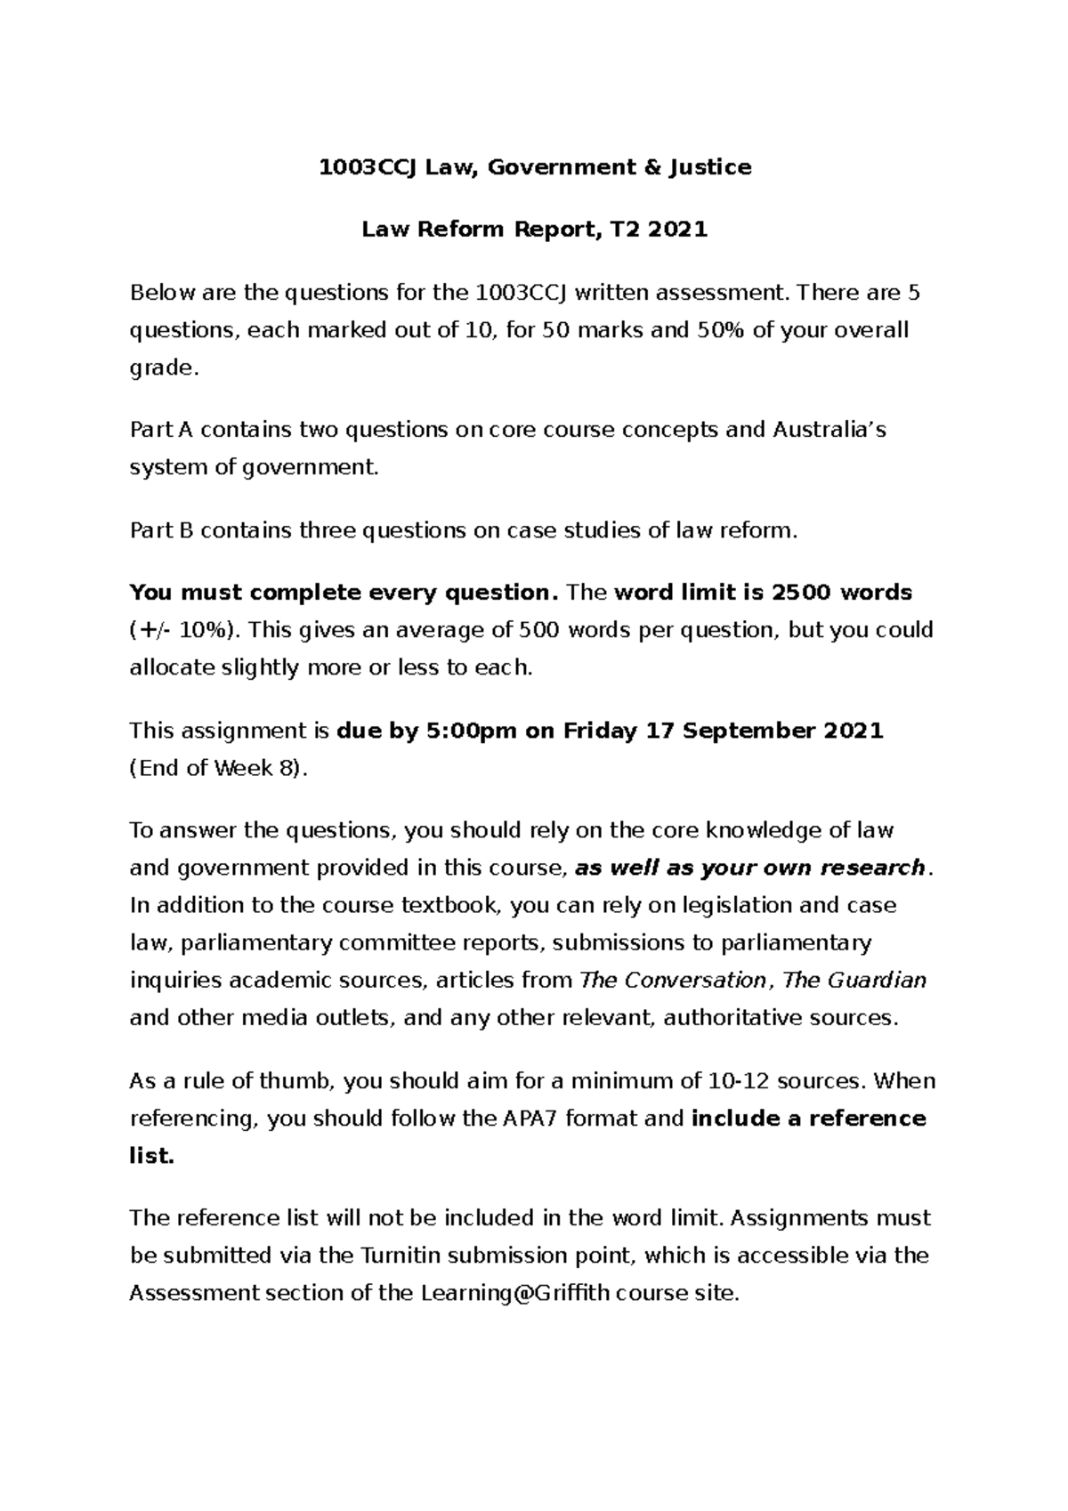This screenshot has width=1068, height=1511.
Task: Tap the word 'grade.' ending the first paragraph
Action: [161, 368]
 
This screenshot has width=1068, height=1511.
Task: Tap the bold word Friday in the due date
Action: [600, 731]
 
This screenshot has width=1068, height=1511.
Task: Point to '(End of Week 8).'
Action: [219, 768]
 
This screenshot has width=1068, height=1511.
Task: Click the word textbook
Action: [454, 905]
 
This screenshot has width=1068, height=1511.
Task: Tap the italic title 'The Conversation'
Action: [673, 980]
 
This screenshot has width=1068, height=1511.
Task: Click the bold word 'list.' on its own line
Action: [151, 1155]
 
